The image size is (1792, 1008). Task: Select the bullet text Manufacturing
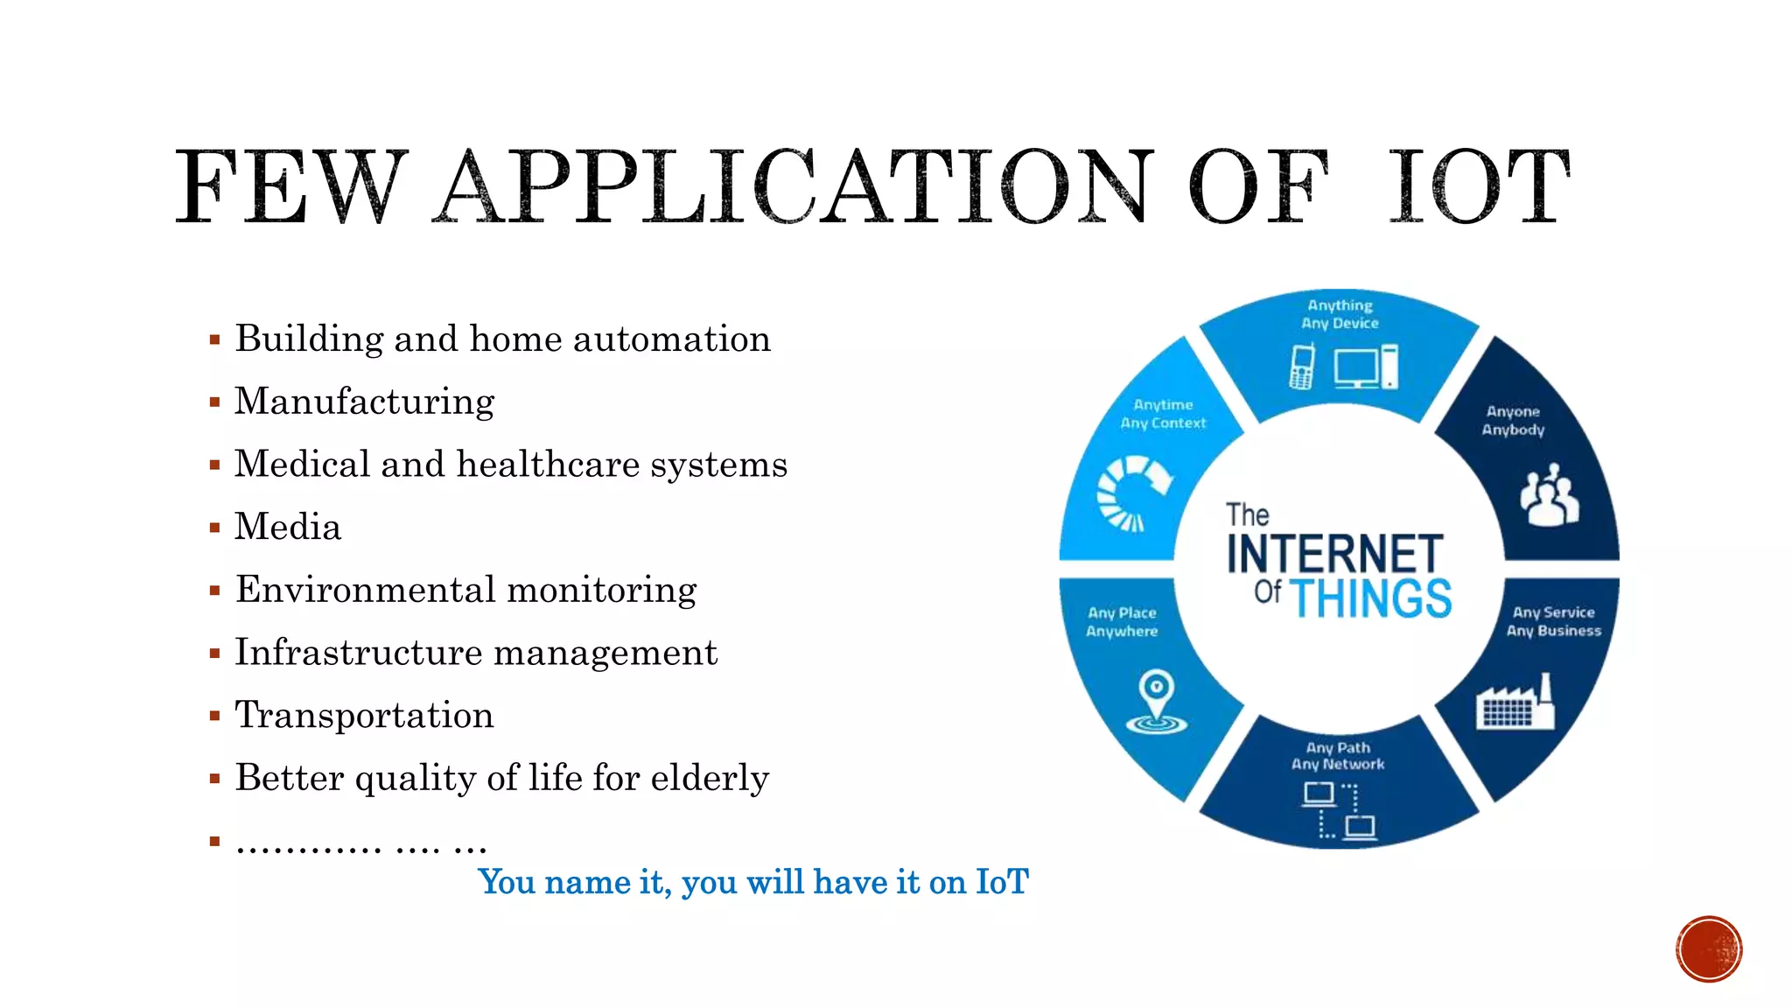pyautogui.click(x=364, y=402)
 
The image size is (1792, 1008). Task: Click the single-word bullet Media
pyautogui.click(x=288, y=527)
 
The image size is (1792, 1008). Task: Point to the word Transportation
pyautogui.click(x=364, y=715)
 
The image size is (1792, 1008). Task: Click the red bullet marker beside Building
pyautogui.click(x=214, y=340)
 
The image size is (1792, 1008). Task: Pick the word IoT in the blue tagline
pyautogui.click(x=1002, y=882)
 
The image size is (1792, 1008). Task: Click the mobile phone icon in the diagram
pyautogui.click(x=1302, y=367)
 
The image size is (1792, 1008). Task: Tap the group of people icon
pyautogui.click(x=1550, y=495)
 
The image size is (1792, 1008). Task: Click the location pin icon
pyautogui.click(x=1156, y=701)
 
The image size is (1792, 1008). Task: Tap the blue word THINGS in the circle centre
pyautogui.click(x=1370, y=598)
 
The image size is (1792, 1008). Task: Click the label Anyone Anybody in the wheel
pyautogui.click(x=1513, y=420)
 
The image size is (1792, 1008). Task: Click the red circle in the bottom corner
pyautogui.click(x=1709, y=949)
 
